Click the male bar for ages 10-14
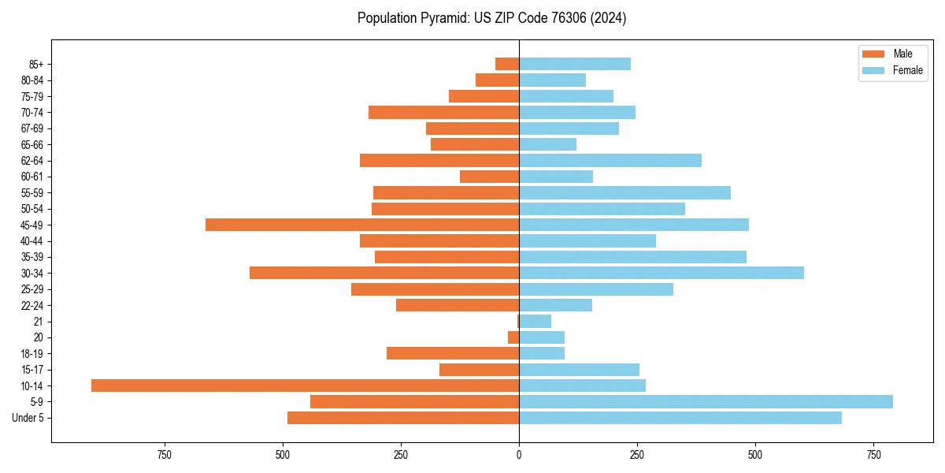tap(305, 385)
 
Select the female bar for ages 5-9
tap(706, 401)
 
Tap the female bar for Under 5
tap(680, 418)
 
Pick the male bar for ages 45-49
tap(362, 225)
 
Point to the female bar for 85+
tap(575, 64)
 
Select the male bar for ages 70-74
tap(443, 112)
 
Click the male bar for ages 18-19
tap(453, 353)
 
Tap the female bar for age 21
tap(535, 321)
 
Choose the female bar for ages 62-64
tap(610, 160)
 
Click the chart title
tap(491, 18)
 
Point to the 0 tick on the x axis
tap(519, 455)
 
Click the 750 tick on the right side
tap(873, 455)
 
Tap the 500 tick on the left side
tap(283, 455)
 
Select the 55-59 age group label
tap(32, 192)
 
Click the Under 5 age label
tap(28, 418)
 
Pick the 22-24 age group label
tap(32, 305)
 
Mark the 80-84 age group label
tap(32, 80)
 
